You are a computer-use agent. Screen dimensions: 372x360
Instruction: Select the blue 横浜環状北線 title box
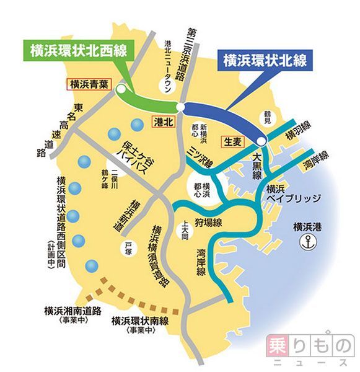tap(265, 61)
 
